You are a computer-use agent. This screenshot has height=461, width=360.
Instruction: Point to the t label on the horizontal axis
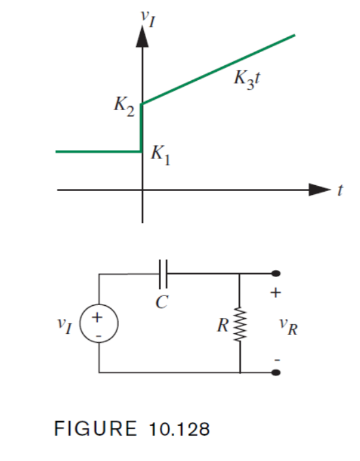pos(340,190)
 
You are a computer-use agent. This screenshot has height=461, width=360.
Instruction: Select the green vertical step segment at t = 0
pos(142,128)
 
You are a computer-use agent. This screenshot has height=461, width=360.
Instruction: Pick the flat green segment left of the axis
pos(98,151)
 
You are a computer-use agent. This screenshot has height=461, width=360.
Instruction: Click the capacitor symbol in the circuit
pos(163,275)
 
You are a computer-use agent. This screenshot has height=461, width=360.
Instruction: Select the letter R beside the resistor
pos(224,323)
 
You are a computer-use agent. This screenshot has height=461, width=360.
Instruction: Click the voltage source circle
pos(98,323)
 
